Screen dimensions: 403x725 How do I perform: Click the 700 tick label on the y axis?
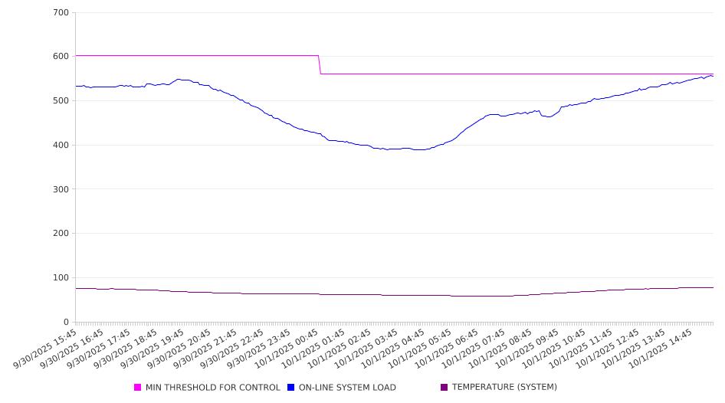pyautogui.click(x=61, y=13)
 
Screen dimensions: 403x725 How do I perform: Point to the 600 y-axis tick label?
pyautogui.click(x=61, y=57)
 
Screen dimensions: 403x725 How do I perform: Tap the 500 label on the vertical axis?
pyautogui.click(x=61, y=101)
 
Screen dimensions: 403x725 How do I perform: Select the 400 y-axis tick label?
pyautogui.click(x=61, y=146)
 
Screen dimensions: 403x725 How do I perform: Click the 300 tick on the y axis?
pyautogui.click(x=61, y=189)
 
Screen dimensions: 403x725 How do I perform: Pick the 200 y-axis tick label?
pyautogui.click(x=61, y=234)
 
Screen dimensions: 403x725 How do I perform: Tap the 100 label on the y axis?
pyautogui.click(x=61, y=278)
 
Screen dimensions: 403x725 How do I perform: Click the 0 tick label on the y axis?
pyautogui.click(x=66, y=323)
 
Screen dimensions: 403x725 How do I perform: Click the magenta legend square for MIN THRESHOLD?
pyautogui.click(x=138, y=388)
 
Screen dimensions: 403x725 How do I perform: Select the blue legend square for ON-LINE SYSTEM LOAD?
pyautogui.click(x=291, y=388)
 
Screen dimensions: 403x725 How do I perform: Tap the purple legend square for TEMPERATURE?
pyautogui.click(x=445, y=388)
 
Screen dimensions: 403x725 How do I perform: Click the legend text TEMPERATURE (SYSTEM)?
pyautogui.click(x=504, y=388)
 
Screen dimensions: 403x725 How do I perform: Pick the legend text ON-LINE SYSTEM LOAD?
pyautogui.click(x=347, y=388)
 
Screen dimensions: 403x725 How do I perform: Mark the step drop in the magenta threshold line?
pyautogui.click(x=320, y=64)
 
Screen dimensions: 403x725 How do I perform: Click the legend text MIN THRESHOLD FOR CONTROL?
pyautogui.click(x=212, y=388)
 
